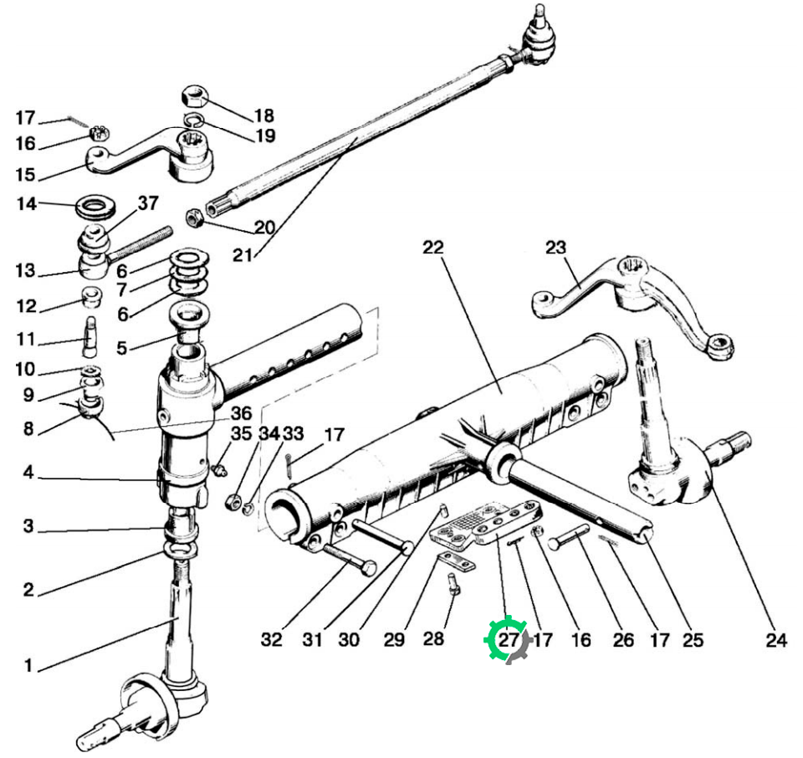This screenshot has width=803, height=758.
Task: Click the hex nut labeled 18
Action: coord(194,95)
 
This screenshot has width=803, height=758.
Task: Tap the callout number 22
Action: coord(433,248)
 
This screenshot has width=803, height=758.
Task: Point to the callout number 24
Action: coord(776,640)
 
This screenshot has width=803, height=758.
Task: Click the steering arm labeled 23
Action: coord(635,307)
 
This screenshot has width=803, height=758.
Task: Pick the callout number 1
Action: coord(28,666)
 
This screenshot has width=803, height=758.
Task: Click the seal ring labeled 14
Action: coord(95,206)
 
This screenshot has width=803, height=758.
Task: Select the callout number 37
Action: coord(148,203)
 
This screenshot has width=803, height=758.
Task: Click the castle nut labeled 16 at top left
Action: coord(100,134)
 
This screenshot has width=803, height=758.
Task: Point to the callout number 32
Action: coord(271,640)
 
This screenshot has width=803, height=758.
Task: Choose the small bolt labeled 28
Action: coord(453,584)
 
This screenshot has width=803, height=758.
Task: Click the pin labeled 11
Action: coord(90,337)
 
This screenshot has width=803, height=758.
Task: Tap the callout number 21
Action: coord(243,255)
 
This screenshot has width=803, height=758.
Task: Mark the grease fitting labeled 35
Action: coord(220,469)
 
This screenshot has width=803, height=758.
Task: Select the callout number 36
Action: coord(241,413)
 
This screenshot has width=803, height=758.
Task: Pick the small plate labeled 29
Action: coord(457,562)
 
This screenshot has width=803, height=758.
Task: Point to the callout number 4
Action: coord(28,472)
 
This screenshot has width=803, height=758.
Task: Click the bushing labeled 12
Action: coord(92,297)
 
